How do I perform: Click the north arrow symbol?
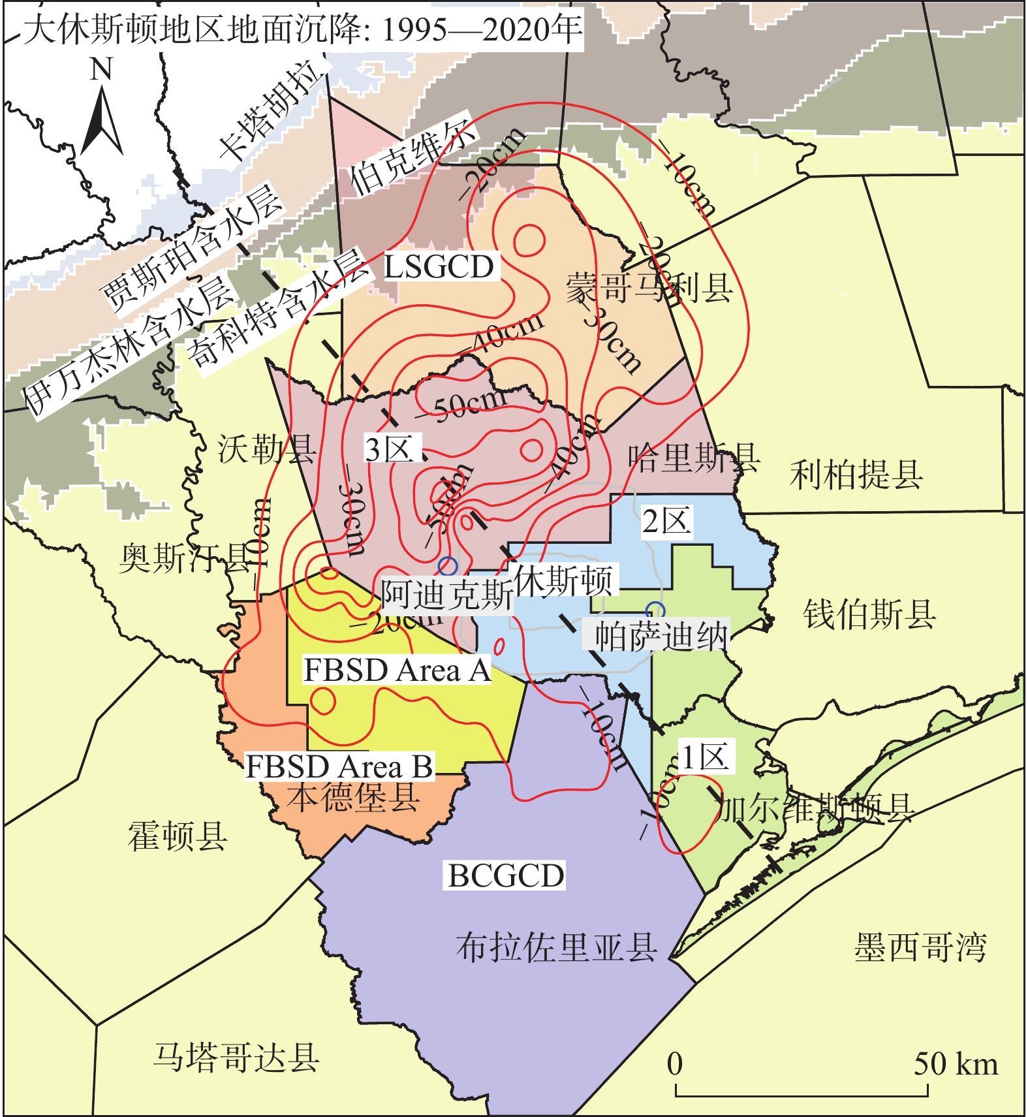[x=101, y=121]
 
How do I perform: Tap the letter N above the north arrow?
[x=101, y=69]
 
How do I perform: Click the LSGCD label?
[x=439, y=267]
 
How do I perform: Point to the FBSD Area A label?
[x=397, y=670]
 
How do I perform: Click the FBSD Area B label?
[x=339, y=766]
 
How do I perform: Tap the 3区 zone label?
[x=390, y=449]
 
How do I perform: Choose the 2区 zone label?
[x=666, y=522]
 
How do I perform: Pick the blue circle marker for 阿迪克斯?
[x=448, y=566]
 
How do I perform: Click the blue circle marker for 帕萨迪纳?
[x=655, y=611]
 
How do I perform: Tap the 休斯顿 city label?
[x=563, y=580]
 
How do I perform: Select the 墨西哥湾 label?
[x=920, y=947]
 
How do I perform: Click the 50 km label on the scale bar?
[x=956, y=1063]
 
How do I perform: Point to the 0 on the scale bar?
[x=675, y=1063]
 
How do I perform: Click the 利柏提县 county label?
[x=856, y=475]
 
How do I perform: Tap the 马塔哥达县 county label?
[x=236, y=1057]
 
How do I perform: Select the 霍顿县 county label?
[x=178, y=836]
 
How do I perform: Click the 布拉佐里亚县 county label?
[x=556, y=947]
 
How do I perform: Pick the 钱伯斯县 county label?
[x=869, y=614]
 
